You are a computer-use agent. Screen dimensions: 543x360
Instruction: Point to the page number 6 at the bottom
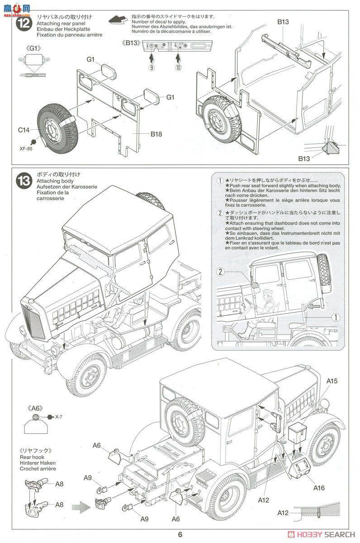(x=180, y=533)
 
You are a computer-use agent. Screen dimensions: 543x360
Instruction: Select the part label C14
(x=24, y=130)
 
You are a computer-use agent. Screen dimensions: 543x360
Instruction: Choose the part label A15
(x=332, y=381)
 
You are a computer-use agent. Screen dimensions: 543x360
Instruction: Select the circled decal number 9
(x=152, y=67)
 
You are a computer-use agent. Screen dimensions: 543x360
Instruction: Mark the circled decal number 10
(x=178, y=67)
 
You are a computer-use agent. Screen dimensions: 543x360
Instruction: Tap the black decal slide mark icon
(x=118, y=19)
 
